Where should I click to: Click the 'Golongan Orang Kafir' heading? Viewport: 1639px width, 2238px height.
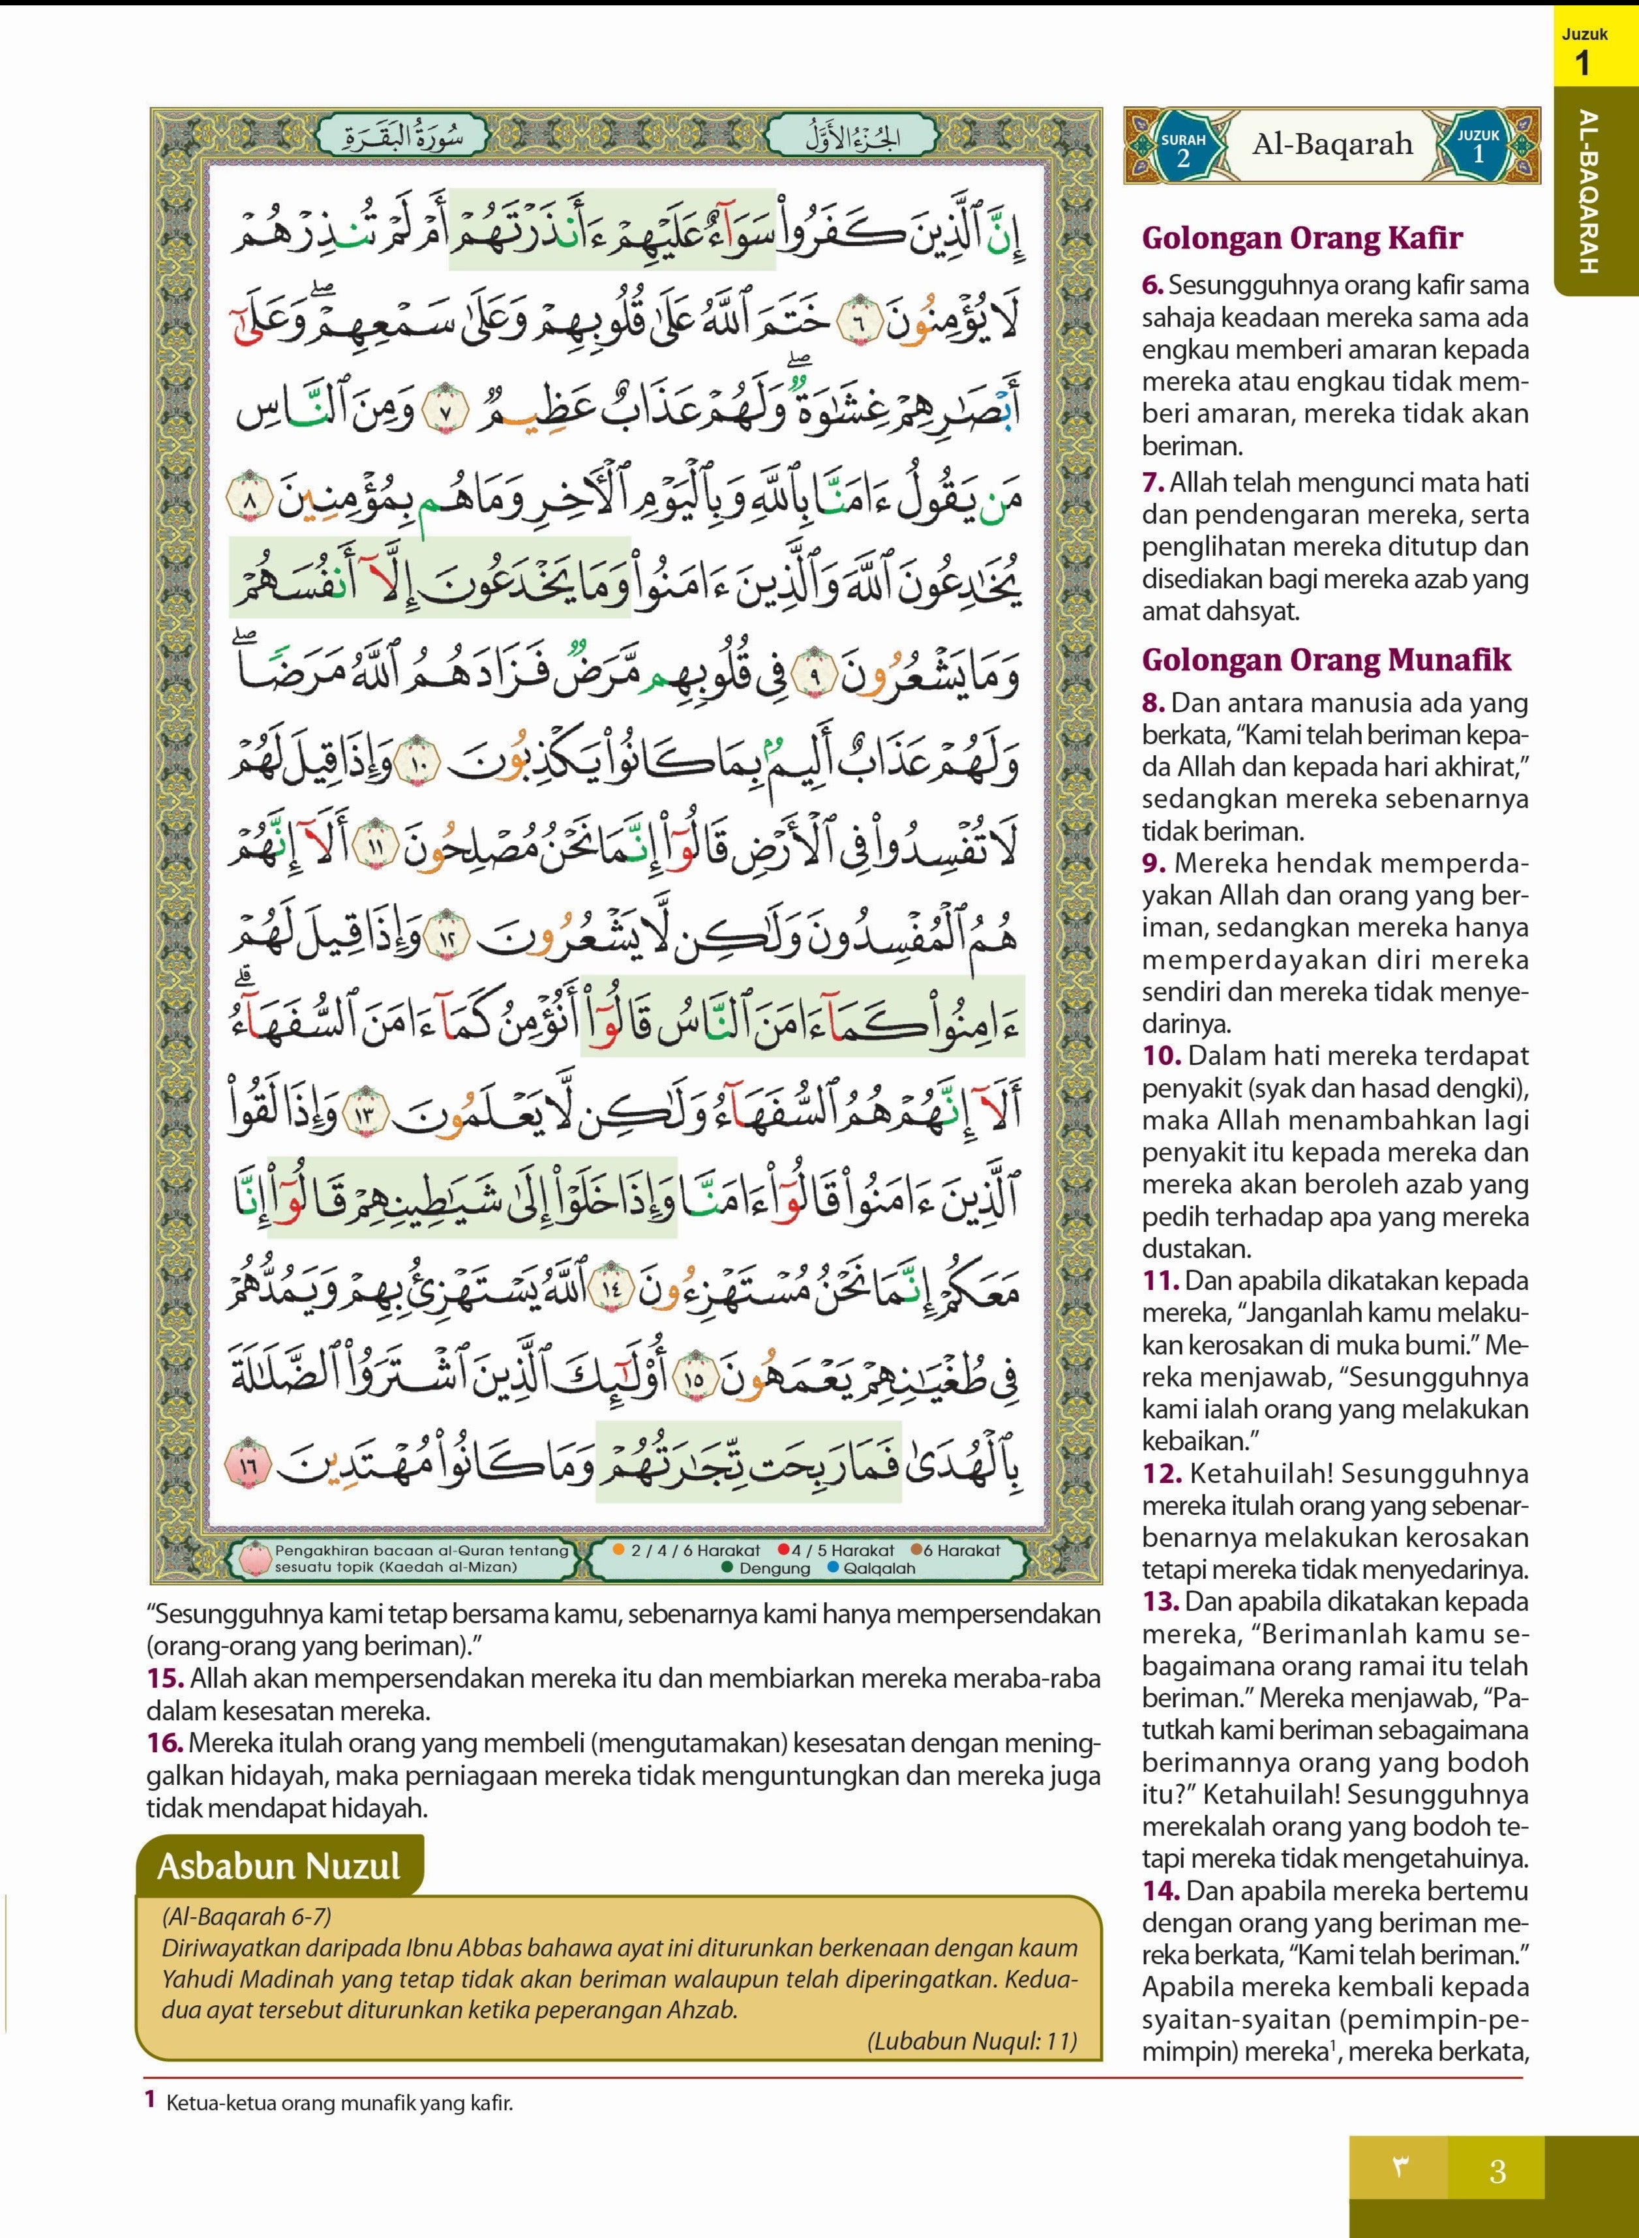coord(1302,238)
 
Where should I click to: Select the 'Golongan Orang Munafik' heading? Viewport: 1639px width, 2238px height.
coord(1327,660)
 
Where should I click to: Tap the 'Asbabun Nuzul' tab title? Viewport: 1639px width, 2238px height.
coord(278,1866)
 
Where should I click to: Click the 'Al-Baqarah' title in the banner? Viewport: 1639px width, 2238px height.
coord(1331,145)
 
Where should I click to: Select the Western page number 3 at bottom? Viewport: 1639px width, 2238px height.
coord(1497,2171)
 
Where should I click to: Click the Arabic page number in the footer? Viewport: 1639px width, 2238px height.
coord(1400,2170)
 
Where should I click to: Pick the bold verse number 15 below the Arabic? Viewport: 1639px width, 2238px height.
coord(165,1678)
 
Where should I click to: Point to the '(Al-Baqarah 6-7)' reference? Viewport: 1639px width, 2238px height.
coord(245,1917)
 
